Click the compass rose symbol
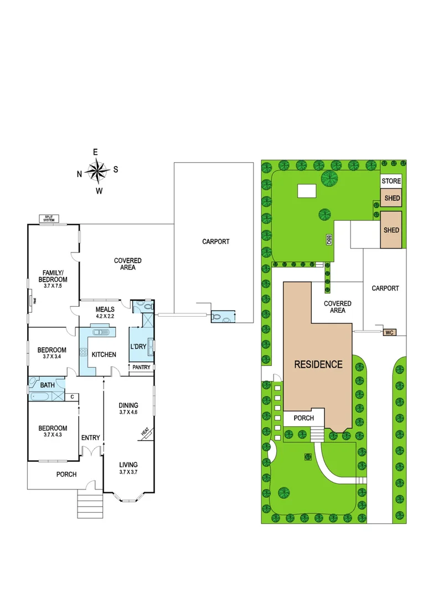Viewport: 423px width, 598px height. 97,171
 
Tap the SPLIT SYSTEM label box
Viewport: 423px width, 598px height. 50,219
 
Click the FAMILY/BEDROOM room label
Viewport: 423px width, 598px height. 54,276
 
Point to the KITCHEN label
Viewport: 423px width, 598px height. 104,354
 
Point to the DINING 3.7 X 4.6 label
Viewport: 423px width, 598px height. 128,409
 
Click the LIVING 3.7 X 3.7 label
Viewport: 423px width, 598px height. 128,468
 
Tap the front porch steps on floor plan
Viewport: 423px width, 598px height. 89,503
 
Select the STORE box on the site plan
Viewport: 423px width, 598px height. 391,181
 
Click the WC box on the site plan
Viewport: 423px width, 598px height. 389,332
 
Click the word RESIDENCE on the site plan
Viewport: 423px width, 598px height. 318,364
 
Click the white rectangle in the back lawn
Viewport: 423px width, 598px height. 306,190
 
